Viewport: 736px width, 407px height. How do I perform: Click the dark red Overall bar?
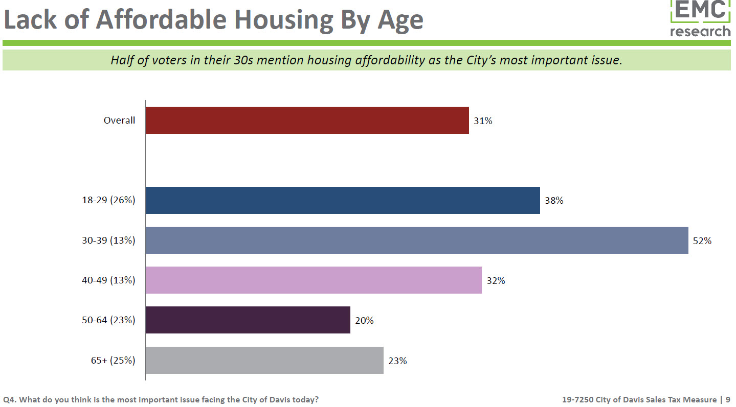pos(307,121)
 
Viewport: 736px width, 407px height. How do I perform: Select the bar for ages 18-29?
pos(343,201)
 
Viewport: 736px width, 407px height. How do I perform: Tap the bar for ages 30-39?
pos(417,241)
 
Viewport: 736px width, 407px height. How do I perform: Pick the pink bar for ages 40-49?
pos(314,280)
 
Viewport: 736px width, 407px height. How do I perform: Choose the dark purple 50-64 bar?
pos(248,320)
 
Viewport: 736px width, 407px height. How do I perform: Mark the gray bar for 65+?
pos(264,361)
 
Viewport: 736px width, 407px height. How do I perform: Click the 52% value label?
pos(702,241)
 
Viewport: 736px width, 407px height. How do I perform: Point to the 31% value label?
pos(483,121)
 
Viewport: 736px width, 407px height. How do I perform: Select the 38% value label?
pos(554,201)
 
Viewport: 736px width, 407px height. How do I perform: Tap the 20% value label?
pos(364,321)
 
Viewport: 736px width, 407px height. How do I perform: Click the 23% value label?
pos(397,361)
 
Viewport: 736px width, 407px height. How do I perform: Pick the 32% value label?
pos(496,281)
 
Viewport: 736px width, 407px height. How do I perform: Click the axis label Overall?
pos(119,121)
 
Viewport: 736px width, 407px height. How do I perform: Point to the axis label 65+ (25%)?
pos(113,361)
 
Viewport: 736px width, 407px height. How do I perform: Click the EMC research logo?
pos(700,18)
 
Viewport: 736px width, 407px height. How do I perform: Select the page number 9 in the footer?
pos(728,400)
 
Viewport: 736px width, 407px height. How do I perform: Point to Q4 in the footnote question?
pos(9,400)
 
